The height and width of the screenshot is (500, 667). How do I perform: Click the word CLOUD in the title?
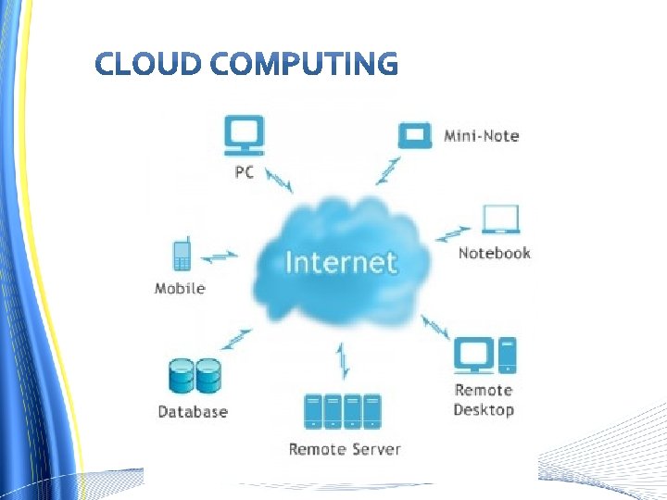(x=147, y=64)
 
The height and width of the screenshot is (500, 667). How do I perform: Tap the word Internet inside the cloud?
(x=341, y=262)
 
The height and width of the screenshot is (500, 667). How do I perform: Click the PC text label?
(x=244, y=172)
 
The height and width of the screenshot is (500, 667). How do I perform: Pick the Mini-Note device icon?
(x=415, y=135)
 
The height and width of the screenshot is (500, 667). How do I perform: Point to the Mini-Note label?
(x=481, y=136)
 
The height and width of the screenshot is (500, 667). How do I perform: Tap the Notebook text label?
(x=495, y=253)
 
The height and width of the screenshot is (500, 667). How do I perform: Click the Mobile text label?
(x=180, y=288)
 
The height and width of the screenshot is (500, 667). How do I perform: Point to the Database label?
(x=193, y=411)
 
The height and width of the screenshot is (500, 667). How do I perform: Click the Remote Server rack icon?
(x=343, y=412)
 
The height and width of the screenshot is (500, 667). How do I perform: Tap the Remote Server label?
(x=345, y=449)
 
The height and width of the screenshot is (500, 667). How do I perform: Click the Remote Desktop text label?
(x=484, y=400)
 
